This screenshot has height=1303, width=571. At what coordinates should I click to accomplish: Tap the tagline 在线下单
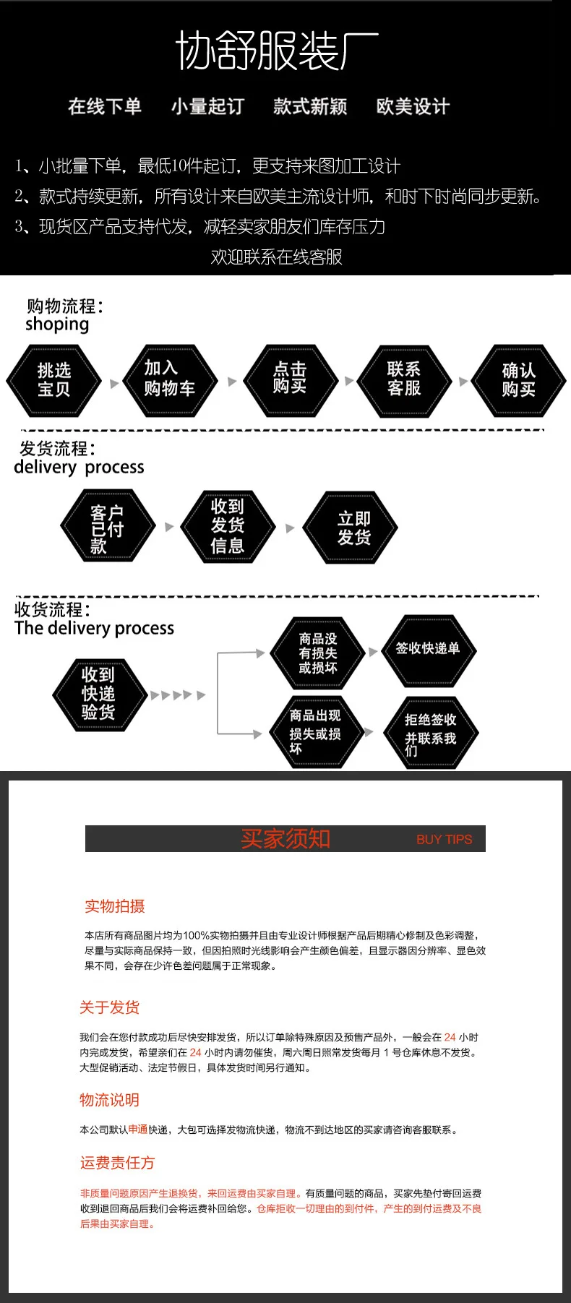coord(105,107)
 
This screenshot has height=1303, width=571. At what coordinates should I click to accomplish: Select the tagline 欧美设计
coord(413,107)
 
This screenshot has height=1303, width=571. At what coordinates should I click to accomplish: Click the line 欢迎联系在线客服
coord(277,257)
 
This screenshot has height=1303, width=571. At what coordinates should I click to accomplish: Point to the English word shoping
coord(57,324)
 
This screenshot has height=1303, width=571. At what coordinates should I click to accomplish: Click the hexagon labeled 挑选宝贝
coord(53,381)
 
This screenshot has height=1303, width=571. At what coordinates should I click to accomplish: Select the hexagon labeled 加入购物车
coord(169,381)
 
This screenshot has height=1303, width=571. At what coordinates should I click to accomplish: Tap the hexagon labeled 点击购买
coord(290,381)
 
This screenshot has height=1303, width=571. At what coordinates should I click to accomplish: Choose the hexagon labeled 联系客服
coord(404,381)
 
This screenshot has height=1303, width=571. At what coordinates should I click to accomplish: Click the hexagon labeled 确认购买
coord(518,381)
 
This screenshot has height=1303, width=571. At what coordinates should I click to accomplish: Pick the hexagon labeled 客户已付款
coord(108,525)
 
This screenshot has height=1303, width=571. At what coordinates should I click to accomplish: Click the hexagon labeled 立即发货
coord(351,528)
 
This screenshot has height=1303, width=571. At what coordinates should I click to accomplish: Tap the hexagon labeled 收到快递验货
coord(100,694)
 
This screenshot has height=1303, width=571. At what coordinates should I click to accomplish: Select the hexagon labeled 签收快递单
coord(429,650)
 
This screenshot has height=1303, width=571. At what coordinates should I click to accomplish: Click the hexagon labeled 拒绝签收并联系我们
coord(431,733)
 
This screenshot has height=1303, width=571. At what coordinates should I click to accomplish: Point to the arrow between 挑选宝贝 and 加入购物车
coord(113,384)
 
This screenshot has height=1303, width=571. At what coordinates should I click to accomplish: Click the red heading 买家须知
coord(285,838)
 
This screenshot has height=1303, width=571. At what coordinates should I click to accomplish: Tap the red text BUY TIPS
coord(444,840)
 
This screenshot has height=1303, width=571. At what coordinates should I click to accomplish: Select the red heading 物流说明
coord(109,1100)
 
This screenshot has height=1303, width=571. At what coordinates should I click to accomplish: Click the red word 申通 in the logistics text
coord(138,1129)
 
